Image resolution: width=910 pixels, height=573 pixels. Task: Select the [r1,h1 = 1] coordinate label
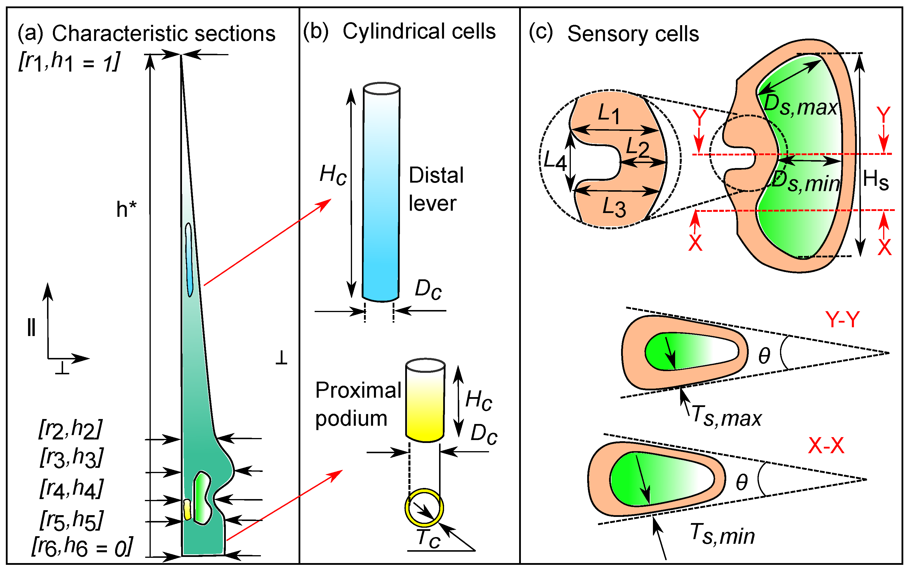pos(69,62)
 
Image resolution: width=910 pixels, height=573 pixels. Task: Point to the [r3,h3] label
pos(71,458)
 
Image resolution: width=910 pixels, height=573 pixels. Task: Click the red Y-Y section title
pos(842,319)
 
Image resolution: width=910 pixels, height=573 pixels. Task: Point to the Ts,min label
pos(722,534)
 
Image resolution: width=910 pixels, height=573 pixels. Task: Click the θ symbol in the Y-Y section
pos(764,356)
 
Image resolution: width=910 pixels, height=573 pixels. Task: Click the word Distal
pos(436,175)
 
